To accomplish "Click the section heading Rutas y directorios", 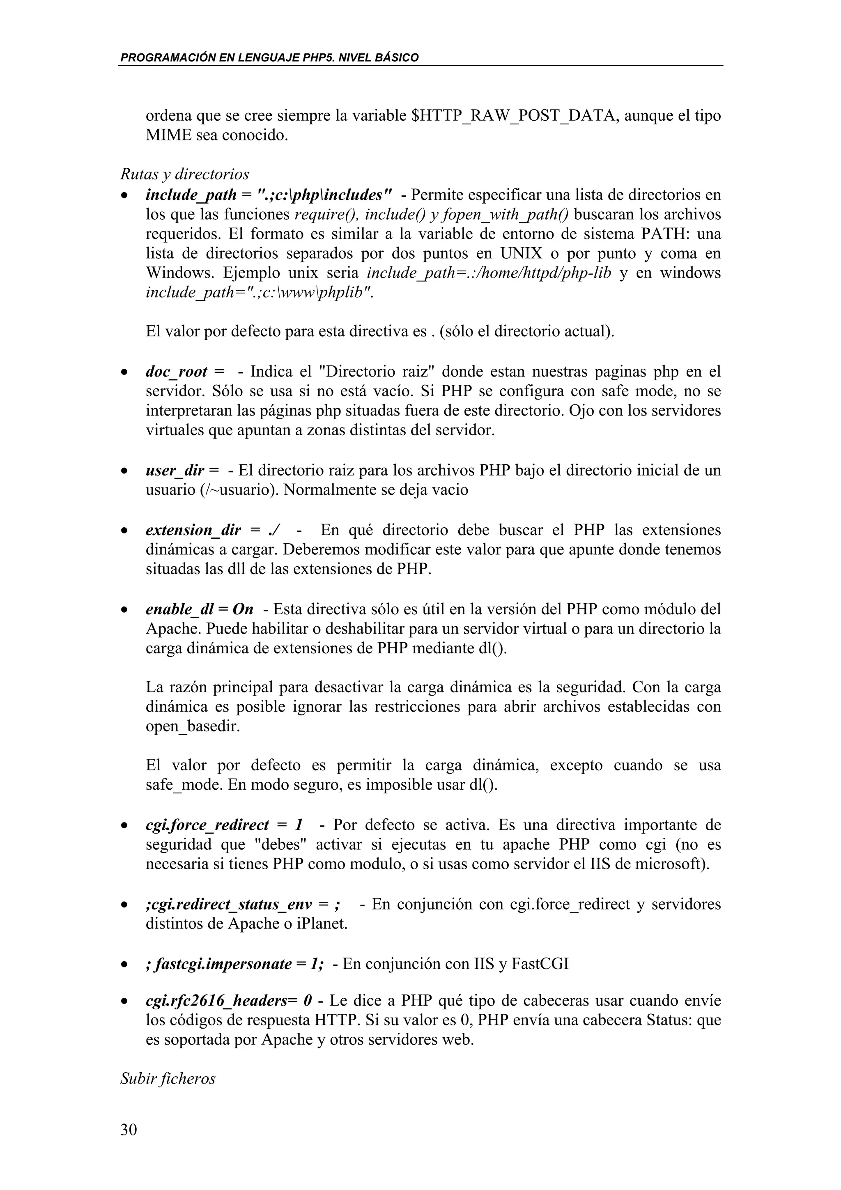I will coord(184,174).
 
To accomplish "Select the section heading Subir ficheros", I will coord(168,1079).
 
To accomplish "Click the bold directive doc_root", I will coord(177,372).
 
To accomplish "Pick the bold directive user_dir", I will coord(175,471).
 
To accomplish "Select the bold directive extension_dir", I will coord(193,530).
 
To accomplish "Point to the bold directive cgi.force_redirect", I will coord(207,825).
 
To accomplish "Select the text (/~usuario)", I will coord(239,490).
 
